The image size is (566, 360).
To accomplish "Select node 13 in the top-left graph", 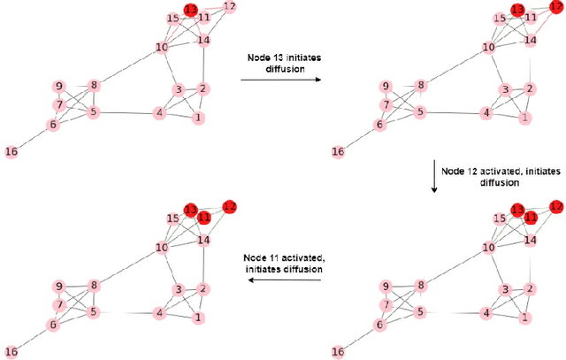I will (x=190, y=10).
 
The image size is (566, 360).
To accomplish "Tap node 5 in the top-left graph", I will (x=93, y=112).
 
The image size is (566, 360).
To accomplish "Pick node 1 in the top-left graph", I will (x=198, y=118).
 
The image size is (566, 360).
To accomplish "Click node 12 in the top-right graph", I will (x=556, y=7).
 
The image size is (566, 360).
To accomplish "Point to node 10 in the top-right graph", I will (x=489, y=47).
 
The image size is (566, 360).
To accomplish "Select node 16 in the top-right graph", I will (x=338, y=151).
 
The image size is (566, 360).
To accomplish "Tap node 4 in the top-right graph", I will (x=486, y=113).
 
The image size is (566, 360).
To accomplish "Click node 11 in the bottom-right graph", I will (x=531, y=216).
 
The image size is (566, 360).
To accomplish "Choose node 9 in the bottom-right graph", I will (x=386, y=286).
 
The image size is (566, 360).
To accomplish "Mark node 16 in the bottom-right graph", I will (x=338, y=351).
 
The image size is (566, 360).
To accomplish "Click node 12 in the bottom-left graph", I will (x=230, y=206).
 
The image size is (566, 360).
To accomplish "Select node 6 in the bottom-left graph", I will (x=53, y=325).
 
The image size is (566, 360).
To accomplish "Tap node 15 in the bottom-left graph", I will (x=173, y=218).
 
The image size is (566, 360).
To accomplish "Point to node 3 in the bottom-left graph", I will (x=178, y=290).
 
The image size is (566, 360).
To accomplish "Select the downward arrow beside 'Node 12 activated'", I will (x=434, y=175).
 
